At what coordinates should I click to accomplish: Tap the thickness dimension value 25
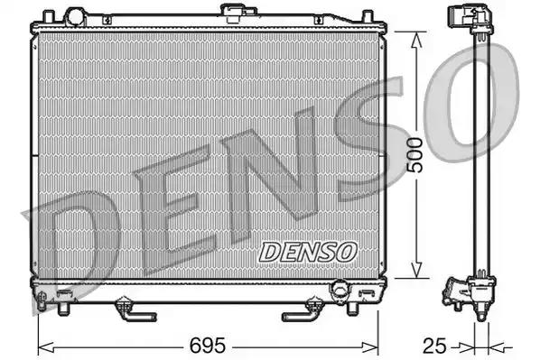point(435,345)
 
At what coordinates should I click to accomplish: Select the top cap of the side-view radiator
point(469,20)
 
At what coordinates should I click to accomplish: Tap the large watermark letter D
point(72,244)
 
